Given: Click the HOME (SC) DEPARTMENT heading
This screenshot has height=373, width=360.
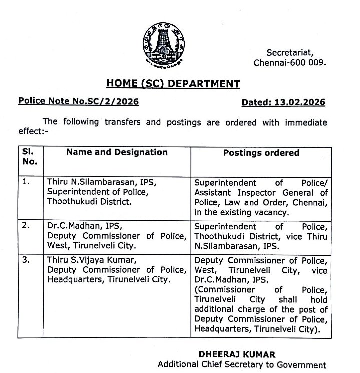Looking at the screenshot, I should (x=173, y=84).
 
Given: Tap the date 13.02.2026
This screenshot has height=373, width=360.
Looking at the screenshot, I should (x=300, y=102).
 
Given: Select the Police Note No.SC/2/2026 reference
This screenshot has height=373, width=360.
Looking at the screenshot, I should (x=79, y=101).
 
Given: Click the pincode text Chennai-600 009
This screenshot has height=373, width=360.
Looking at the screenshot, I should (x=290, y=63).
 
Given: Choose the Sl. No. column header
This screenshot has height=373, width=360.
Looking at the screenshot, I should (x=30, y=157).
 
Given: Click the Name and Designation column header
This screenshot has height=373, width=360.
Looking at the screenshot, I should (x=117, y=153).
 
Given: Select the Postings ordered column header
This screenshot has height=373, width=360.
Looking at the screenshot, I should (x=261, y=153).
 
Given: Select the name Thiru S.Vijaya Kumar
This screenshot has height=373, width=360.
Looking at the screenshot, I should (x=91, y=260).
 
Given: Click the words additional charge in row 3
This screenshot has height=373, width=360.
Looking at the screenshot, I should (x=226, y=310).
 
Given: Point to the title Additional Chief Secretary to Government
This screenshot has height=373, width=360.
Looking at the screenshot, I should (x=241, y=365).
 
